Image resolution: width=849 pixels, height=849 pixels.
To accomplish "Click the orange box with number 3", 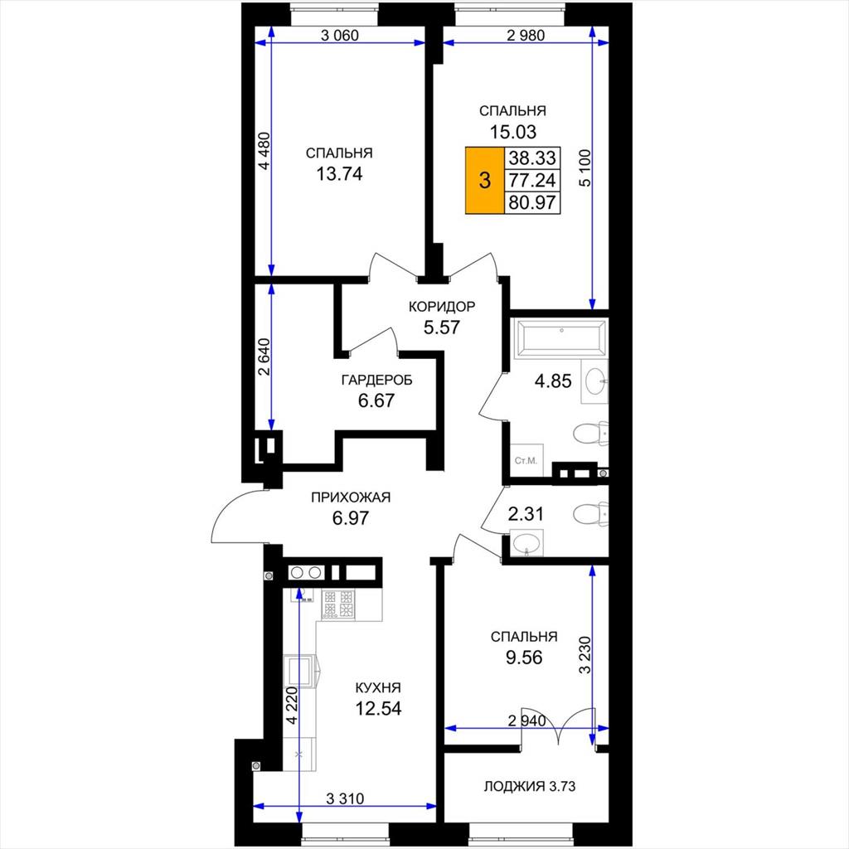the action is click(484, 180).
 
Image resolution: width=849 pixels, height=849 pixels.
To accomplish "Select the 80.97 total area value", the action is click(531, 202).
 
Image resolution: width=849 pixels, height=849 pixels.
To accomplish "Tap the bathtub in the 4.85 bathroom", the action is click(560, 339).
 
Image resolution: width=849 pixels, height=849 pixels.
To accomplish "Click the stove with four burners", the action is click(338, 604).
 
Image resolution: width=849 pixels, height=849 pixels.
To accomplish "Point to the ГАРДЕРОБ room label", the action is click(377, 380).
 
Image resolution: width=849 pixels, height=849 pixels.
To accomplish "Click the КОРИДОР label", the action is click(442, 307).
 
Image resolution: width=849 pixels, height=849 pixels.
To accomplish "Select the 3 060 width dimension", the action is click(339, 36).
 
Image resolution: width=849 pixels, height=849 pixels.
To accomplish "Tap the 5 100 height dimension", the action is click(586, 167).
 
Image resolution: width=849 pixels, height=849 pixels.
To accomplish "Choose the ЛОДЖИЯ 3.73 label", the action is click(530, 786).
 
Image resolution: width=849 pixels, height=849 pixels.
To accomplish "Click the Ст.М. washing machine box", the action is click(526, 460).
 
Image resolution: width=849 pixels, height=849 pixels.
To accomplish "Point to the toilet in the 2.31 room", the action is click(590, 512).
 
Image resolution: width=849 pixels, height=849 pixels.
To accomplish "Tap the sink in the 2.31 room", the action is click(527, 543).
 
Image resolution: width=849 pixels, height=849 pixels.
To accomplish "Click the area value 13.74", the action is click(339, 174).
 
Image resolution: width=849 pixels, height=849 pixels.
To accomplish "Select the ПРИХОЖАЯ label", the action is click(351, 497).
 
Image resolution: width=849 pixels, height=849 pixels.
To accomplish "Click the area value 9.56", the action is click(524, 657).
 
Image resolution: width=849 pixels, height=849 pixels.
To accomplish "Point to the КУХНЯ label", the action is click(378, 687).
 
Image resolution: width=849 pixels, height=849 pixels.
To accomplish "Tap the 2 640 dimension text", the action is click(263, 357).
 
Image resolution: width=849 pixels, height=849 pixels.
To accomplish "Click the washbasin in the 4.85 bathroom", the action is click(594, 381).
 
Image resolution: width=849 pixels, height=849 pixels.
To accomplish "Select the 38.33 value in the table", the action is click(531, 158).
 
